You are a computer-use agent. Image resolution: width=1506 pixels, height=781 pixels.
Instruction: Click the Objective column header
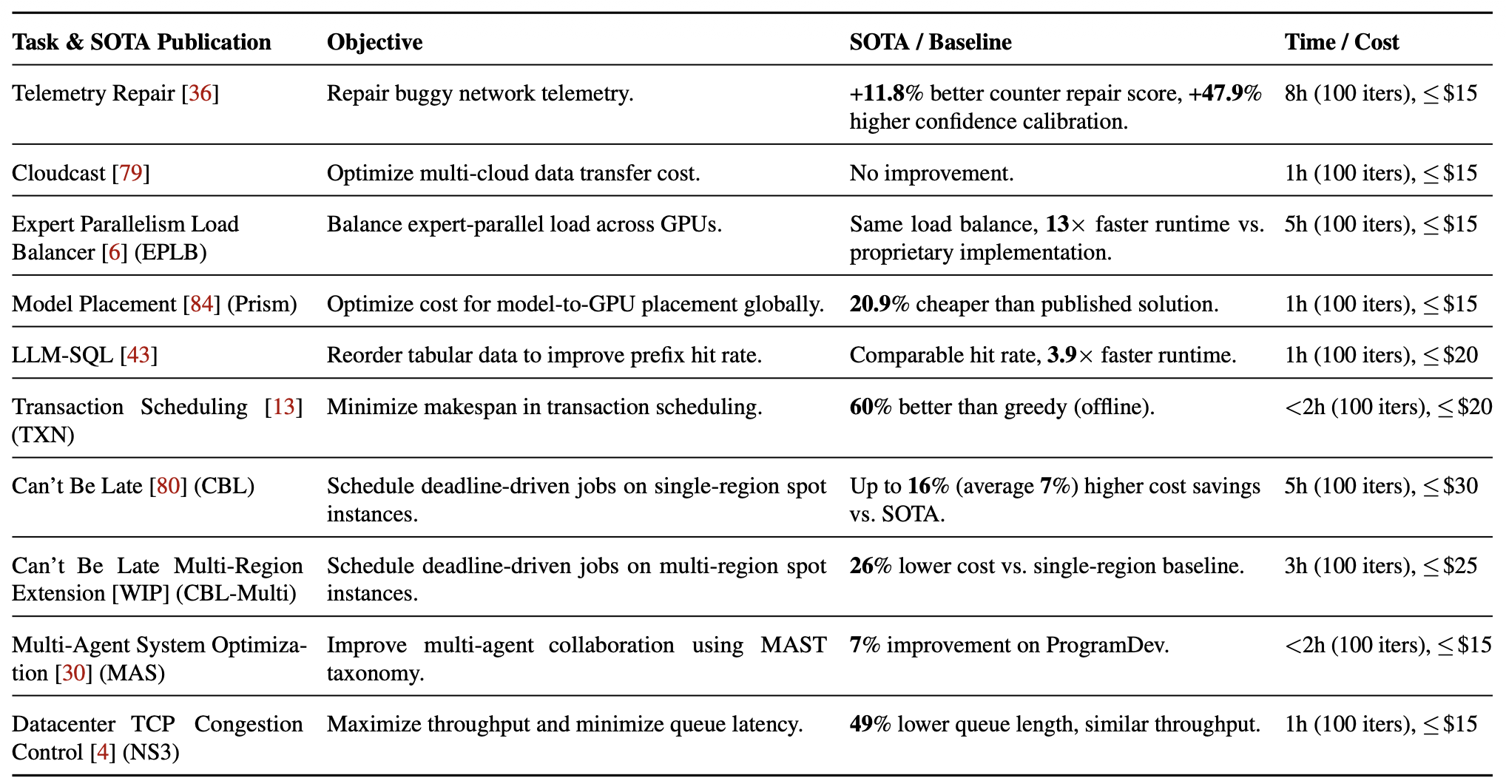tap(374, 42)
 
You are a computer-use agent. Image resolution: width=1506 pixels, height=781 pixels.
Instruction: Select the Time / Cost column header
tap(1341, 42)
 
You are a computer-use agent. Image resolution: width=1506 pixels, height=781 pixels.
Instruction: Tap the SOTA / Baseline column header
tap(930, 42)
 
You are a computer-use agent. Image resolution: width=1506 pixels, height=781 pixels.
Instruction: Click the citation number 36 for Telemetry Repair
tap(200, 93)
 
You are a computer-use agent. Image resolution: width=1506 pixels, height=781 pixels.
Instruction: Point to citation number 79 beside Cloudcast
tap(131, 173)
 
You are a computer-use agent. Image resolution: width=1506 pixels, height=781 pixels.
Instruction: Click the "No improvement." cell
tap(931, 173)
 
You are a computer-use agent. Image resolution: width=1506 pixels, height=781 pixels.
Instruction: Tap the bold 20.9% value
tap(879, 304)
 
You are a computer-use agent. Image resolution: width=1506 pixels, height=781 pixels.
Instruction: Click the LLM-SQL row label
tap(62, 355)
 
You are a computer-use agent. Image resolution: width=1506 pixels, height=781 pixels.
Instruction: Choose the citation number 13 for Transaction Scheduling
tap(284, 407)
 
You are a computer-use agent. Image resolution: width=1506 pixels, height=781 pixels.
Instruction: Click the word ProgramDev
tap(1107, 645)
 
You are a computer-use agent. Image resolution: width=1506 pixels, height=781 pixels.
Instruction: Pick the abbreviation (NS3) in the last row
tap(151, 752)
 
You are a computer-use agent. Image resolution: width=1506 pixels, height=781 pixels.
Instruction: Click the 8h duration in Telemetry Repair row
tap(1296, 93)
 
